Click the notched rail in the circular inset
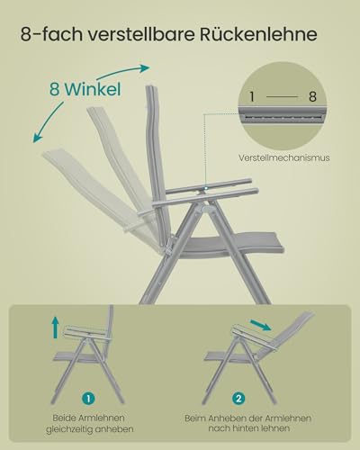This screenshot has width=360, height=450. (283, 114)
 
